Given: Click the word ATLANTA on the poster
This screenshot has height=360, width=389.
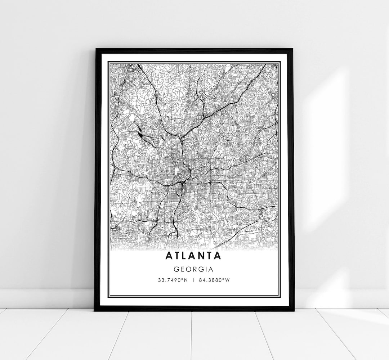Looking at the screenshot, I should [193, 256].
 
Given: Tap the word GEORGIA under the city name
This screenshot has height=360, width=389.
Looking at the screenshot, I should [193, 269].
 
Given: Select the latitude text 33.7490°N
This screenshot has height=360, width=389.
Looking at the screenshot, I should [172, 280].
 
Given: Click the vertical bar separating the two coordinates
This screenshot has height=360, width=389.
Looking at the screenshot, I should [194, 280].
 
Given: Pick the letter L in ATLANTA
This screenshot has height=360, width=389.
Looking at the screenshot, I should [187, 256].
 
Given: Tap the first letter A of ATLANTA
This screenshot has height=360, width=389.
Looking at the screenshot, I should [169, 256].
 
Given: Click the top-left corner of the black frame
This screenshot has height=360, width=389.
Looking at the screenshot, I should [96, 49].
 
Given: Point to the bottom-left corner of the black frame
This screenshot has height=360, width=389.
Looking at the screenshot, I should [95, 310].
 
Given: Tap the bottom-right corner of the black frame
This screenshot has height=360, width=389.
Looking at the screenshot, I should [293, 310].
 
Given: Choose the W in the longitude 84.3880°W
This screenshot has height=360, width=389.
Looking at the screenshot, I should [227, 280].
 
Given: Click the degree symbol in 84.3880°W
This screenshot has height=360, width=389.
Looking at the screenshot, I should [223, 279].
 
